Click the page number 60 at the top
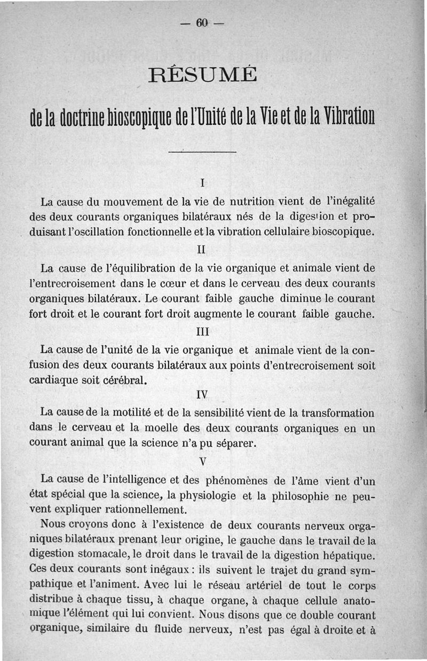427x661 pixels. coord(202,23)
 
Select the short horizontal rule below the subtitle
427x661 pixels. coord(202,153)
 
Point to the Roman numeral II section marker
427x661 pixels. coord(202,249)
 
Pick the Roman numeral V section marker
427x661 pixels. coord(202,460)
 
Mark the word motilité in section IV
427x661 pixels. coord(129,413)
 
